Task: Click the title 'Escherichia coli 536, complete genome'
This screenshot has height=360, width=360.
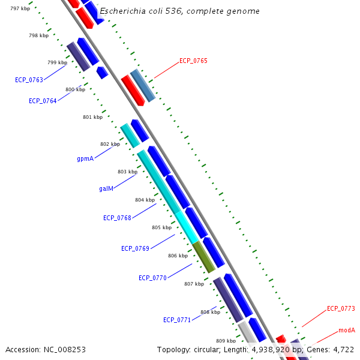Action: pyautogui.click(x=179, y=11)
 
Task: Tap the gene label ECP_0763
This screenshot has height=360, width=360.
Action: pyautogui.click(x=29, y=80)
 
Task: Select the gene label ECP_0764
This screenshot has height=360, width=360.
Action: pyautogui.click(x=43, y=101)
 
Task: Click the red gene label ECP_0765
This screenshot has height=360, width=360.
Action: pyautogui.click(x=193, y=61)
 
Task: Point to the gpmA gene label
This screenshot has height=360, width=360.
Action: pyautogui.click(x=85, y=159)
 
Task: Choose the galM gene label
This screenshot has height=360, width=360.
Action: pyautogui.click(x=106, y=188)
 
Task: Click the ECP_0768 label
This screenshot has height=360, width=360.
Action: pyautogui.click(x=117, y=218)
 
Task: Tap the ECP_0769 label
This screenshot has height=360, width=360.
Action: pyautogui.click(x=135, y=248)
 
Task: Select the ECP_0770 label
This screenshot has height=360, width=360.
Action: pyautogui.click(x=152, y=278)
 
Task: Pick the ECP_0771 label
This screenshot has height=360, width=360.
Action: pyautogui.click(x=177, y=320)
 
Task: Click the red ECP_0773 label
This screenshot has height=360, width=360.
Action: pyautogui.click(x=341, y=308)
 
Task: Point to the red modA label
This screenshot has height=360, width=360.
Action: pyautogui.click(x=346, y=330)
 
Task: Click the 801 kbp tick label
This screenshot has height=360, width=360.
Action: pyautogui.click(x=92, y=117)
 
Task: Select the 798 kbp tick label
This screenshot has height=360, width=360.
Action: pyautogui.click(x=39, y=35)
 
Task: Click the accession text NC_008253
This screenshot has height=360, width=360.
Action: pyautogui.click(x=45, y=349)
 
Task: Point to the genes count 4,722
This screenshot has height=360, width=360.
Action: pyautogui.click(x=343, y=349)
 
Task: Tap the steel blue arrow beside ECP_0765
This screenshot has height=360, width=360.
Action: pyautogui.click(x=143, y=85)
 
